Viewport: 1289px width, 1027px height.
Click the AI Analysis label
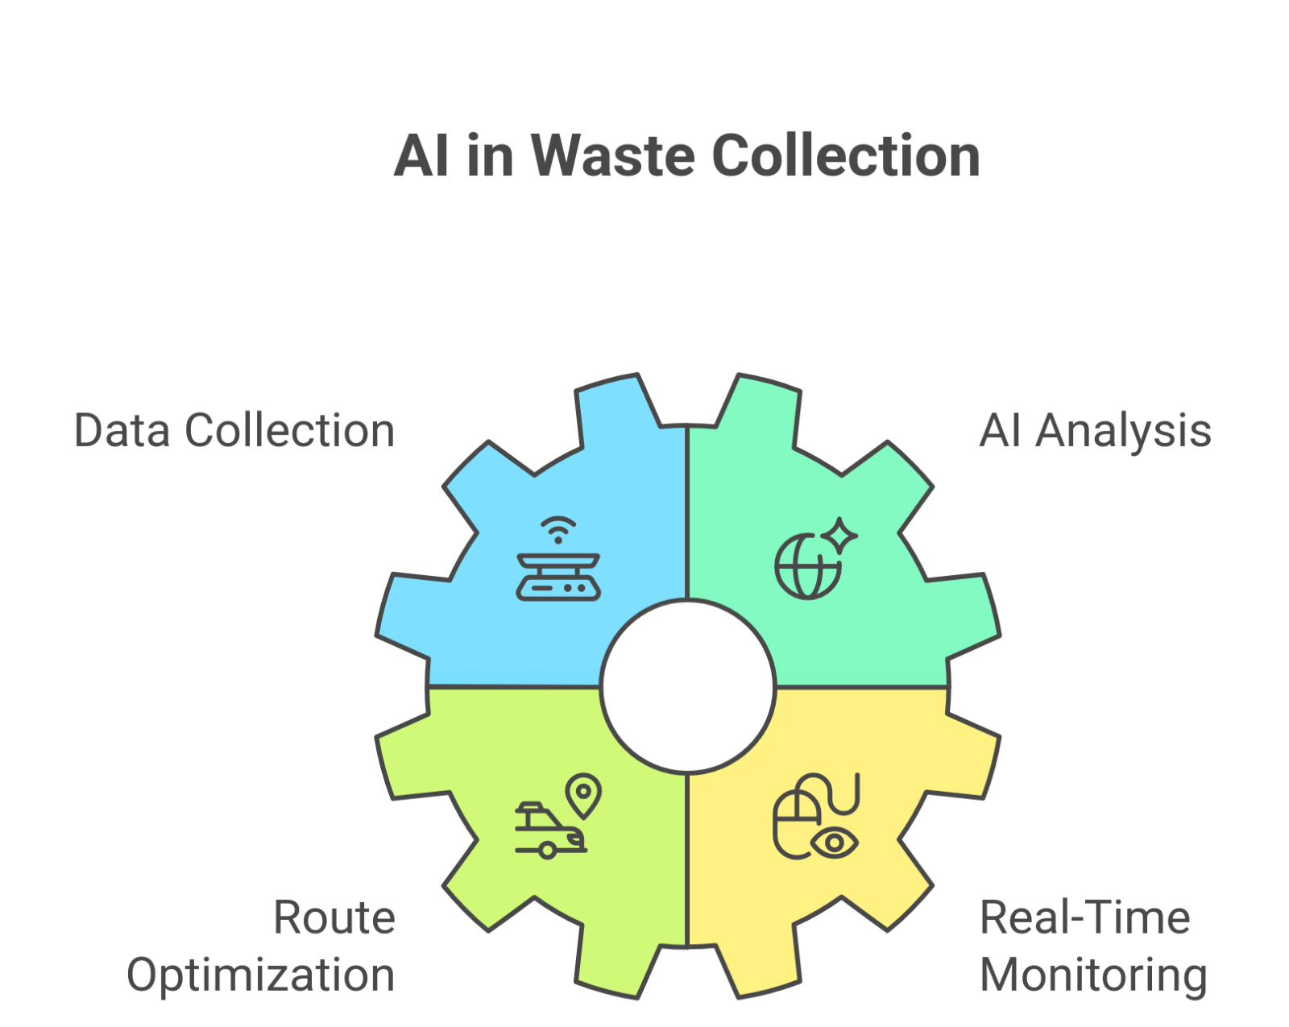pyautogui.click(x=1095, y=430)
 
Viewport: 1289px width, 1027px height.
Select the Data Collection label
pyautogui.click(x=234, y=430)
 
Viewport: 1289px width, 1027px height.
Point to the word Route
pyautogui.click(x=334, y=917)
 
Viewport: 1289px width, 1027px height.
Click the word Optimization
pyautogui.click(x=261, y=975)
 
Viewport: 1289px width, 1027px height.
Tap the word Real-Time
pyautogui.click(x=1084, y=917)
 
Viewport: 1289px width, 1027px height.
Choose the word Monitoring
pyautogui.click(x=1093, y=975)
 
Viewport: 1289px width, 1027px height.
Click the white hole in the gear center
pyautogui.click(x=687, y=687)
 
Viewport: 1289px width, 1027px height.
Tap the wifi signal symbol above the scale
pyautogui.click(x=558, y=529)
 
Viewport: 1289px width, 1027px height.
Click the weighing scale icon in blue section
pyautogui.click(x=558, y=577)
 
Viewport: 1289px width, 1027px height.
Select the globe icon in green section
pyautogui.click(x=806, y=566)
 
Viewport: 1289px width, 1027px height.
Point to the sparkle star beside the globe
pyautogui.click(x=840, y=535)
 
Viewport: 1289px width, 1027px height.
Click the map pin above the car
pyautogui.click(x=583, y=795)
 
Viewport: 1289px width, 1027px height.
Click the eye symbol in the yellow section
pyautogui.click(x=835, y=843)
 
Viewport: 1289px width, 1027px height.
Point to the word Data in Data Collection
pyautogui.click(x=122, y=430)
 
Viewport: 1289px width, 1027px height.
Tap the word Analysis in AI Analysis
pyautogui.click(x=1123, y=430)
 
